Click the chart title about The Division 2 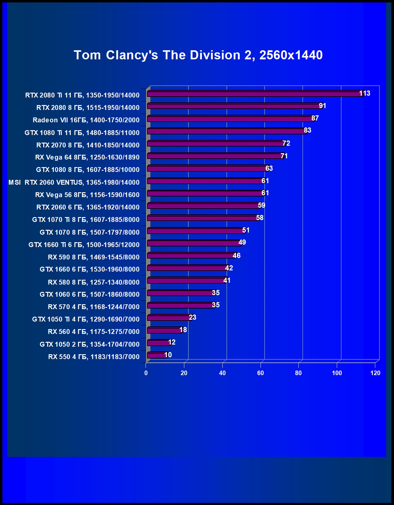[x=198, y=55]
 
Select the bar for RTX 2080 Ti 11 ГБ [x=254, y=94]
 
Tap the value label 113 [x=365, y=93]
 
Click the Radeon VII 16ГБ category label [x=86, y=120]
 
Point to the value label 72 [x=286, y=143]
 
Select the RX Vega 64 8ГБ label [x=87, y=157]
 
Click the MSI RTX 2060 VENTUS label [x=74, y=182]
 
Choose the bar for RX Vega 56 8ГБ [x=206, y=193]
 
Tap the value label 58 [x=260, y=218]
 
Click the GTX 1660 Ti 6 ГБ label [x=84, y=245]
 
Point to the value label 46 [x=237, y=256]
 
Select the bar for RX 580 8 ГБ [x=186, y=281]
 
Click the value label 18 [x=183, y=330]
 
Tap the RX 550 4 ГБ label [x=94, y=357]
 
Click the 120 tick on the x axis [x=375, y=373]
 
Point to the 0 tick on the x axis [x=146, y=373]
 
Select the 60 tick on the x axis [x=261, y=373]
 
